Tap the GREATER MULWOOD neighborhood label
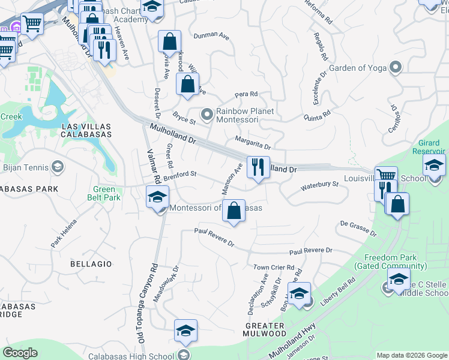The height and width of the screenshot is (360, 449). [265, 329]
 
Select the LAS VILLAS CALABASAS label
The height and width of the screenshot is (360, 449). [87, 130]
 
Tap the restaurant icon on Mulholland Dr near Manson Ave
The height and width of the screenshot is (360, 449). [258, 167]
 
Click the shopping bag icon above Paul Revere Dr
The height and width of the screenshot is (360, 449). [234, 211]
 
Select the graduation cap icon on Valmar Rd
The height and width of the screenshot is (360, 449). [157, 196]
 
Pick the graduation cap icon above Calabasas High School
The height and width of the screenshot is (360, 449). [185, 330]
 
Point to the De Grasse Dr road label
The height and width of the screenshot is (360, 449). [358, 227]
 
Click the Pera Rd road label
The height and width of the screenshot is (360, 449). [246, 94]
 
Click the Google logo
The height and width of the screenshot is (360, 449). [20, 352]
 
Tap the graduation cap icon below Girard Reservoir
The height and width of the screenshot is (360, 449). [434, 165]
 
